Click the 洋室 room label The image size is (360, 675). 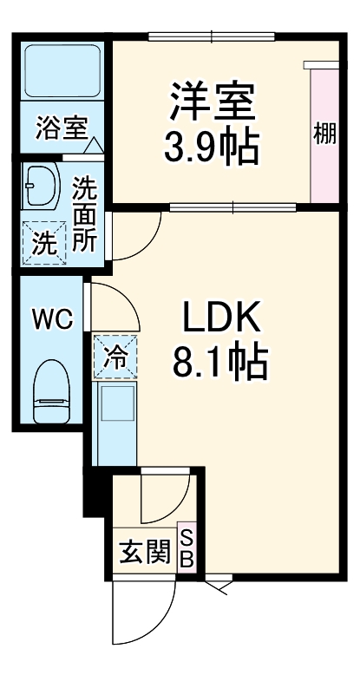(212, 102)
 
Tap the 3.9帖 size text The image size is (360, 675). (212, 147)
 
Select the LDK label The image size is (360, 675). (220, 320)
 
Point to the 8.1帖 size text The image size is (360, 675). (220, 364)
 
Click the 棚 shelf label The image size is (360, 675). (325, 134)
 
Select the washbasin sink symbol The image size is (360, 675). (40, 183)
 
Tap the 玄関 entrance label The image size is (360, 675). (145, 552)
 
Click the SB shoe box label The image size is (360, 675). (187, 547)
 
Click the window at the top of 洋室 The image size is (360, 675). (212, 36)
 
